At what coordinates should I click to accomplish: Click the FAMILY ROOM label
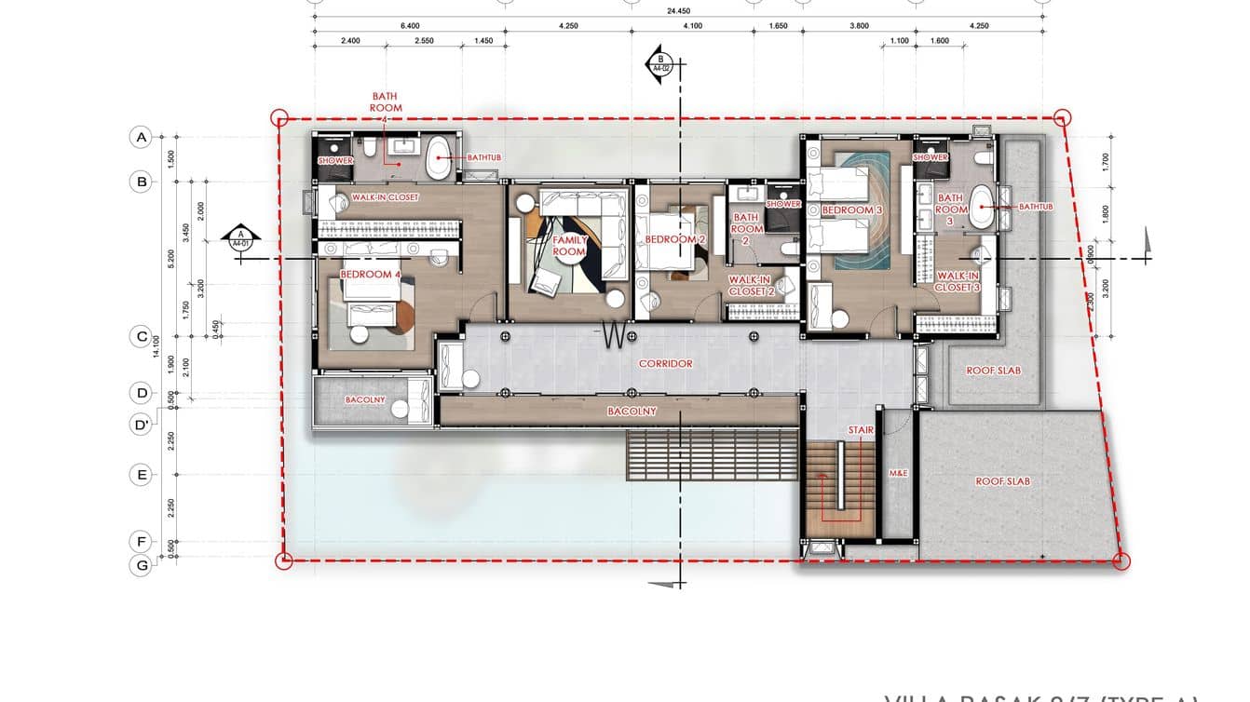[569, 246]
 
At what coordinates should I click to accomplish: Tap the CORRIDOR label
[665, 363]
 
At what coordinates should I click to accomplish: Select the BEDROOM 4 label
[371, 275]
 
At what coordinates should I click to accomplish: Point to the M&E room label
[898, 474]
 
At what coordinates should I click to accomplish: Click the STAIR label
[861, 429]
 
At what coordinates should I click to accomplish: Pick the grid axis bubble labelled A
[142, 138]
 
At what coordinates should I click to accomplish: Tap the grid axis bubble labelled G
[142, 564]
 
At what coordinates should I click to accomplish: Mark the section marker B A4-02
[659, 63]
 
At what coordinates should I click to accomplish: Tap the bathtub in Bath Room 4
[437, 162]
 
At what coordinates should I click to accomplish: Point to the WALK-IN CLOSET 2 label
[752, 285]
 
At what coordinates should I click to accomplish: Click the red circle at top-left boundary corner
[279, 118]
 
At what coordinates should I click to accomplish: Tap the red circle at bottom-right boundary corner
[1122, 561]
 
